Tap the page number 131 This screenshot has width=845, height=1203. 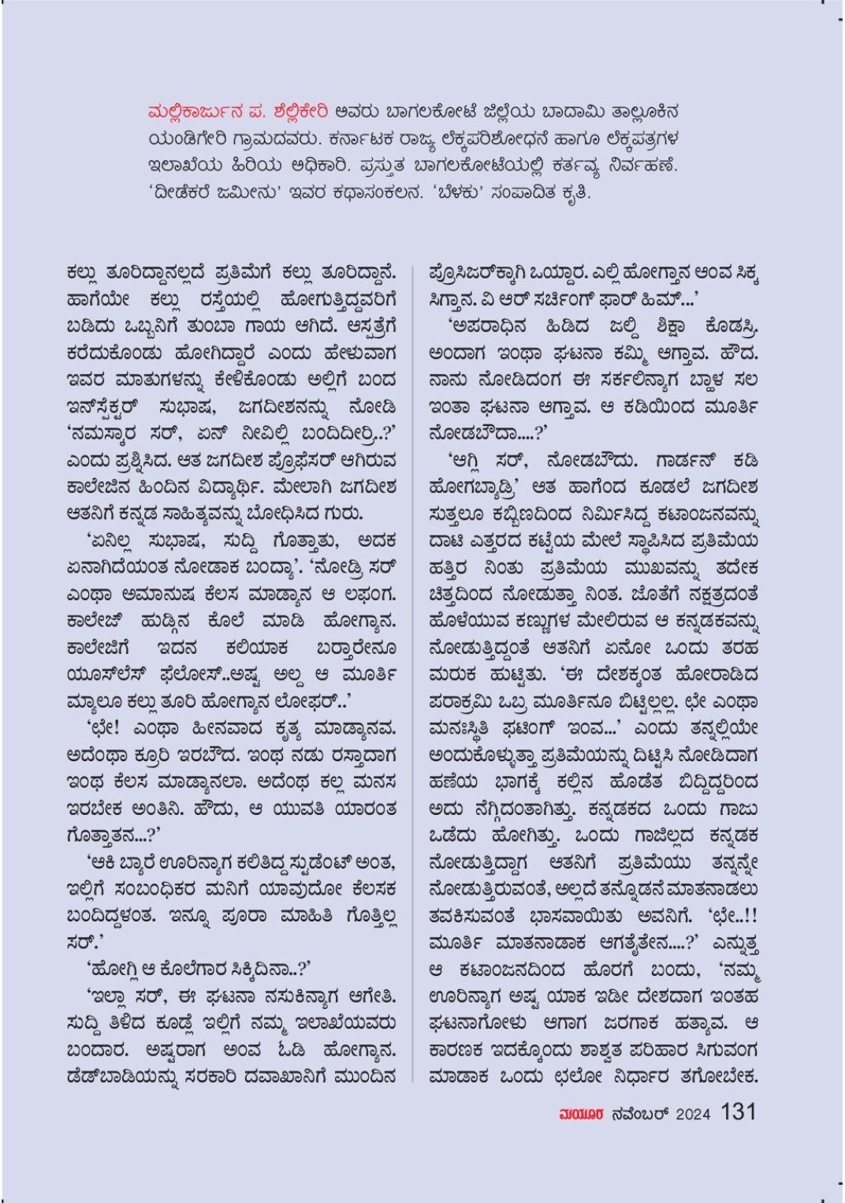click(738, 1111)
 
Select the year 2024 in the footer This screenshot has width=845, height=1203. click(693, 1113)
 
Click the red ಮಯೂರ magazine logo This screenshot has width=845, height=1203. click(582, 1113)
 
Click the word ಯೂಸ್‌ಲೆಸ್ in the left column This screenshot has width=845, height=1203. click(106, 675)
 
